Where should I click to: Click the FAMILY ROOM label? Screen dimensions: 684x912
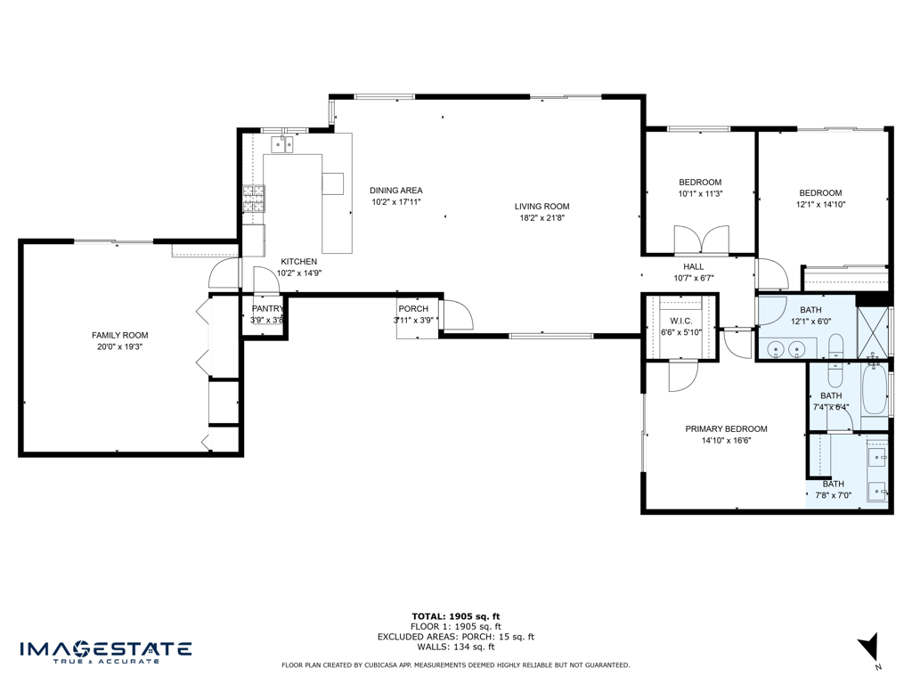(x=119, y=335)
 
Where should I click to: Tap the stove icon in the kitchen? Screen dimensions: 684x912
(x=254, y=199)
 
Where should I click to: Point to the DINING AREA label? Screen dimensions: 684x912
(x=395, y=190)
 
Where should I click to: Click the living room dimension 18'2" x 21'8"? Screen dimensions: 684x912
(x=541, y=218)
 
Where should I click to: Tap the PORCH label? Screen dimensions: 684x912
(x=413, y=309)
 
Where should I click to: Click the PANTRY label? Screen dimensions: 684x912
(x=267, y=309)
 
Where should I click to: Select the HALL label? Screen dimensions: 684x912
(x=693, y=266)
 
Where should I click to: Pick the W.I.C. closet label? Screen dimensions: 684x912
(x=681, y=321)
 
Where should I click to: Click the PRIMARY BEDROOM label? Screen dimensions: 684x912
(x=726, y=428)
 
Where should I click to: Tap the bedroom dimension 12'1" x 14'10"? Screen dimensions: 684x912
(x=819, y=205)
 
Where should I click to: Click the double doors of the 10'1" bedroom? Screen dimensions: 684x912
(x=701, y=240)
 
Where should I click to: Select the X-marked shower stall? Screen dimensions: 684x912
(x=873, y=330)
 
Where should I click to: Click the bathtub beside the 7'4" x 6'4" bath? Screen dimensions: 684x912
(x=875, y=391)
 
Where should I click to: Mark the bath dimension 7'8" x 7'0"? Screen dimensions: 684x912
(x=833, y=496)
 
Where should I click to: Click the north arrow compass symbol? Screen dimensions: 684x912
(x=869, y=647)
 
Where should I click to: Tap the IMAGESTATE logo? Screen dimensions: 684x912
(x=105, y=650)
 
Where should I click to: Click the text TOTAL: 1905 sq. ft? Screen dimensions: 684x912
(x=455, y=616)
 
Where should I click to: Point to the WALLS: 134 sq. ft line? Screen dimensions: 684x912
(x=455, y=647)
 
